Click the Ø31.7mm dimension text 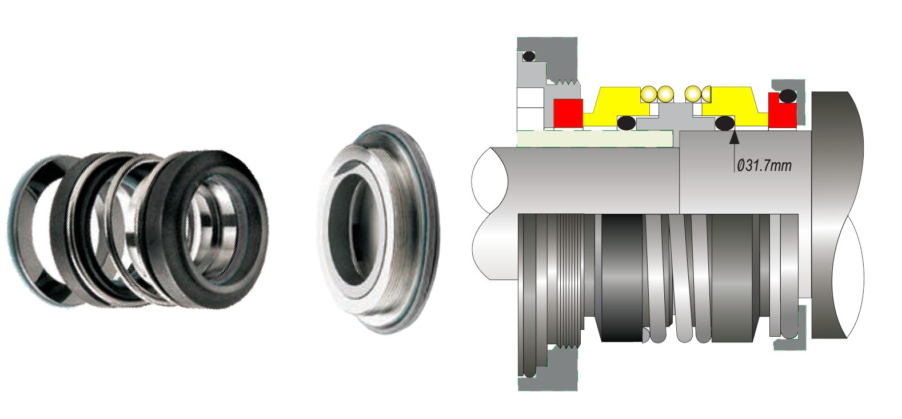point(764,165)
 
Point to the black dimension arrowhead point(735,137)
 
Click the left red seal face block point(568,114)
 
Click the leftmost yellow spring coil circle point(649,94)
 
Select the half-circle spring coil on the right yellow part point(706,94)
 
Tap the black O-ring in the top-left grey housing point(529,57)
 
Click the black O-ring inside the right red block point(788,96)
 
